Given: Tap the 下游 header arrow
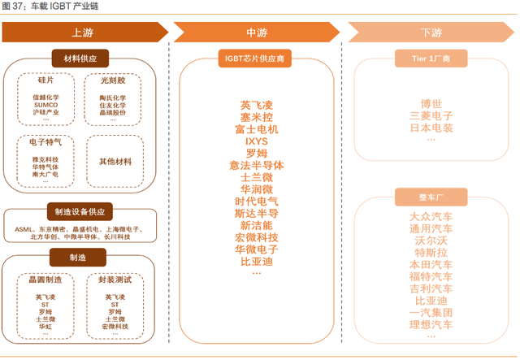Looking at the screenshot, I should pyautogui.click(x=431, y=33).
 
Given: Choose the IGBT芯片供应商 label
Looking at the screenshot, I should pyautogui.click(x=256, y=59).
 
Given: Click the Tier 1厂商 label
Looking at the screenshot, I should pyautogui.click(x=431, y=59).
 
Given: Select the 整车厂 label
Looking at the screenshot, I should pyautogui.click(x=431, y=197).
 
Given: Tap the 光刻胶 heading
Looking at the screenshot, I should pyautogui.click(x=113, y=81).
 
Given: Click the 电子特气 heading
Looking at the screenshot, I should pyautogui.click(x=45, y=141).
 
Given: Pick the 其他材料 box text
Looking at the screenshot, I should pyautogui.click(x=115, y=162).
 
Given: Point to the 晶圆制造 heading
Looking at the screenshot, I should pyautogui.click(x=45, y=280).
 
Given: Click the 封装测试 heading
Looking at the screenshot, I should pyautogui.click(x=115, y=280).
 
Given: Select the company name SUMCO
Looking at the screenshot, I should pyautogui.click(x=45, y=105).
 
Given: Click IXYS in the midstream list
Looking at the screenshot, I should pyautogui.click(x=256, y=141).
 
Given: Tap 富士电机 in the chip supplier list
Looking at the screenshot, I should pyautogui.click(x=256, y=129).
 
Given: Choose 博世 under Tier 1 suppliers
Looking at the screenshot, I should pyautogui.click(x=431, y=104).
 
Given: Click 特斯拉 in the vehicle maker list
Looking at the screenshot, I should pyautogui.click(x=431, y=253).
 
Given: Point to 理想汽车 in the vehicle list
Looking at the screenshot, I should pyautogui.click(x=431, y=325).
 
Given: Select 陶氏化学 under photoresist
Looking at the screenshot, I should pyautogui.click(x=113, y=97).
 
